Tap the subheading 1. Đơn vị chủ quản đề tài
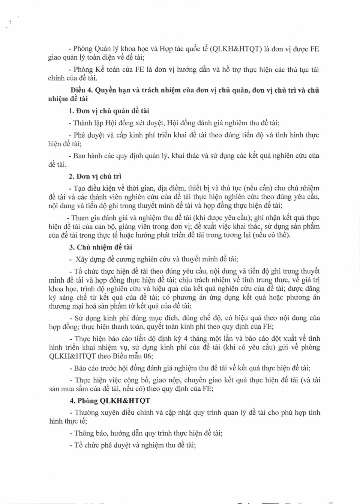[109, 111]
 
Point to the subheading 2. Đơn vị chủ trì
[95, 176]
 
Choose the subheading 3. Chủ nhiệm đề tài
[100, 247]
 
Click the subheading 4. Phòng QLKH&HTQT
[110, 400]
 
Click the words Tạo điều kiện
[94, 188]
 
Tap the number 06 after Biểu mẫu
[148, 356]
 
